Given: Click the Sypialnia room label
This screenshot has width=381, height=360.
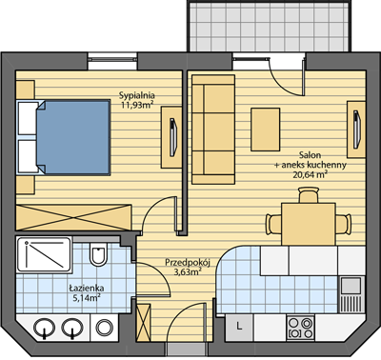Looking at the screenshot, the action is tap(136, 95).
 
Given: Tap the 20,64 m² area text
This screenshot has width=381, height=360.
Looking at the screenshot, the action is tap(310, 174).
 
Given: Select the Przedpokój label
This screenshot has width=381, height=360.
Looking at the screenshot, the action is tap(188, 262).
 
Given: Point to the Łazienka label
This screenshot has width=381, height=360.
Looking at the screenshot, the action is tap(87, 289).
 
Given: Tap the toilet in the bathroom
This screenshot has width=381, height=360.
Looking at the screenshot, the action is tap(97, 253).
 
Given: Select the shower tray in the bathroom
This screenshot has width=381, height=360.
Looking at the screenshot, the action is tap(44, 254).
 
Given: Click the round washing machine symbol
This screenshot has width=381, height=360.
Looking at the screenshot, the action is tap(104, 328).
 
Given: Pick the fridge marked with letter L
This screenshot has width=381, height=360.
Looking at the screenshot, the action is tap(239, 329).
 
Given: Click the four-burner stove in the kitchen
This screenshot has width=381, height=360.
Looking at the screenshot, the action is tap(300, 329).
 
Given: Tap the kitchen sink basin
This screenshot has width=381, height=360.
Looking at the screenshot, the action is tap(351, 285).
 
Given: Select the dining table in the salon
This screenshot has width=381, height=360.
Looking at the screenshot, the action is tap(309, 224).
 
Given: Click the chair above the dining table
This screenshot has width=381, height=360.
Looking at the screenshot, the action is tap(309, 195).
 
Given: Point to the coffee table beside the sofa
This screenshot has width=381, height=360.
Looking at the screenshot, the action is tap(266, 130).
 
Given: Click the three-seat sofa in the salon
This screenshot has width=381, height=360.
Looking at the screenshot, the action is tap(213, 130).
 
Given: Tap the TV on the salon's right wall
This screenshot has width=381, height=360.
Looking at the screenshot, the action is tap(357, 130).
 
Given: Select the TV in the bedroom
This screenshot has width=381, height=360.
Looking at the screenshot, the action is tap(172, 137).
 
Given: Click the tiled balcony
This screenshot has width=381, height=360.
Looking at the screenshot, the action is tap(271, 26).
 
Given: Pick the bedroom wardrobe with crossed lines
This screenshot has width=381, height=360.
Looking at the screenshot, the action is tap(73, 217).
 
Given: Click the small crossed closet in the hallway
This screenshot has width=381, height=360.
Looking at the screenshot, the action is tap(143, 323).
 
